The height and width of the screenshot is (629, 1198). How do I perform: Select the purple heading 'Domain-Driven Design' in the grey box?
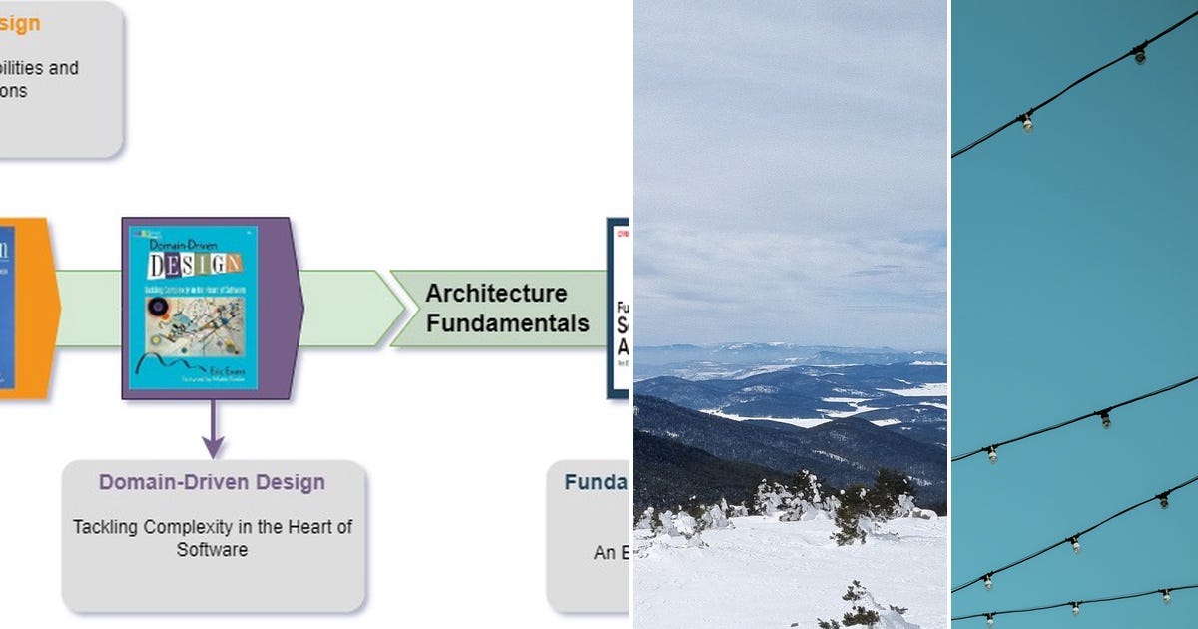[212, 482]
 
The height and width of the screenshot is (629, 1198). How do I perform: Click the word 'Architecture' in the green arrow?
[496, 294]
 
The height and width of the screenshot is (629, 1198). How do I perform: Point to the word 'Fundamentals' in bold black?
[507, 323]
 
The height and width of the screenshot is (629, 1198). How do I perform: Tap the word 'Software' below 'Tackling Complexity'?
[212, 549]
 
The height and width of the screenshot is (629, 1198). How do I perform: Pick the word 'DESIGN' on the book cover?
[194, 265]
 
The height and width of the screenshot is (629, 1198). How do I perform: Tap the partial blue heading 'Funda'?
[596, 483]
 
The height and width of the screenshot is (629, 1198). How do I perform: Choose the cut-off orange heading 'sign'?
[20, 23]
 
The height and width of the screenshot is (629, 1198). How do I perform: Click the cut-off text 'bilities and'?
[39, 68]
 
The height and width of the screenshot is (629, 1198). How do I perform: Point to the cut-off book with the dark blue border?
[619, 308]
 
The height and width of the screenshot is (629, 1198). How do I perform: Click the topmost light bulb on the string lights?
[1139, 55]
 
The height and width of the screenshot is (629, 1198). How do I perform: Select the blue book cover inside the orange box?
[7, 308]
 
